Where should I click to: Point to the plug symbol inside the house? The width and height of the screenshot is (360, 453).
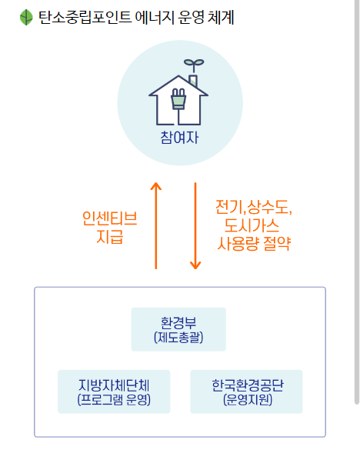point(178,99)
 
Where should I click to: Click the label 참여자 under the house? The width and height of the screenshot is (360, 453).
point(178,139)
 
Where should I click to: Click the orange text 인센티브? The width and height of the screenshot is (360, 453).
point(109,219)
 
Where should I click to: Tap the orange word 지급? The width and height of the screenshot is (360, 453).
point(109,238)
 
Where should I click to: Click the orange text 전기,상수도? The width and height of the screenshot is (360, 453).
point(255,208)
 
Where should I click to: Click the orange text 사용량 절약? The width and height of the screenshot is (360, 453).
point(255,245)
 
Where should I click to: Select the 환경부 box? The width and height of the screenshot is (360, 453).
point(178,329)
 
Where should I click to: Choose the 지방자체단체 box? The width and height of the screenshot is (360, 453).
point(114,391)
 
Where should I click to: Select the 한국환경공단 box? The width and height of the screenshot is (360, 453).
point(247,391)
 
